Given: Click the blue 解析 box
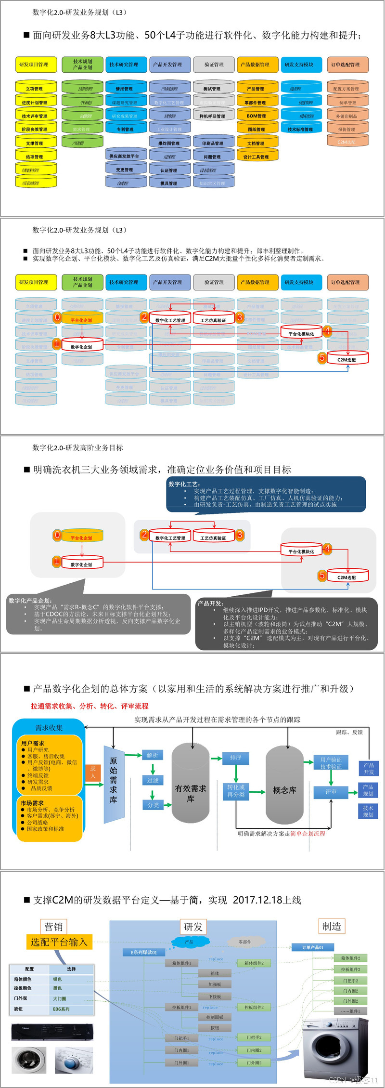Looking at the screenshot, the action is [x=153, y=755].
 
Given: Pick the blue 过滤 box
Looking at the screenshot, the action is [x=153, y=780].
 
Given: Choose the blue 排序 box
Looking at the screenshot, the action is [x=235, y=758].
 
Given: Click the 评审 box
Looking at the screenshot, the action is [x=331, y=791].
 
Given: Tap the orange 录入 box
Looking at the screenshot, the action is [x=93, y=772].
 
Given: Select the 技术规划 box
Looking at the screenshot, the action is [x=368, y=811].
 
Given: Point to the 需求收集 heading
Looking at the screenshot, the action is [x=49, y=728].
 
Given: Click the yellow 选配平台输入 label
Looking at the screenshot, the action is [x=59, y=942].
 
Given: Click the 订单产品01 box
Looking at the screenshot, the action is [x=313, y=947].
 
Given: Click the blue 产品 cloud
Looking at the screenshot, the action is [x=190, y=941].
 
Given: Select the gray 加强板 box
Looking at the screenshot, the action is [x=215, y=984].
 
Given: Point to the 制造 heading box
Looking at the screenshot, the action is [x=332, y=926].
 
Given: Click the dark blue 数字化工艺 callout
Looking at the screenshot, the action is [x=266, y=494].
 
